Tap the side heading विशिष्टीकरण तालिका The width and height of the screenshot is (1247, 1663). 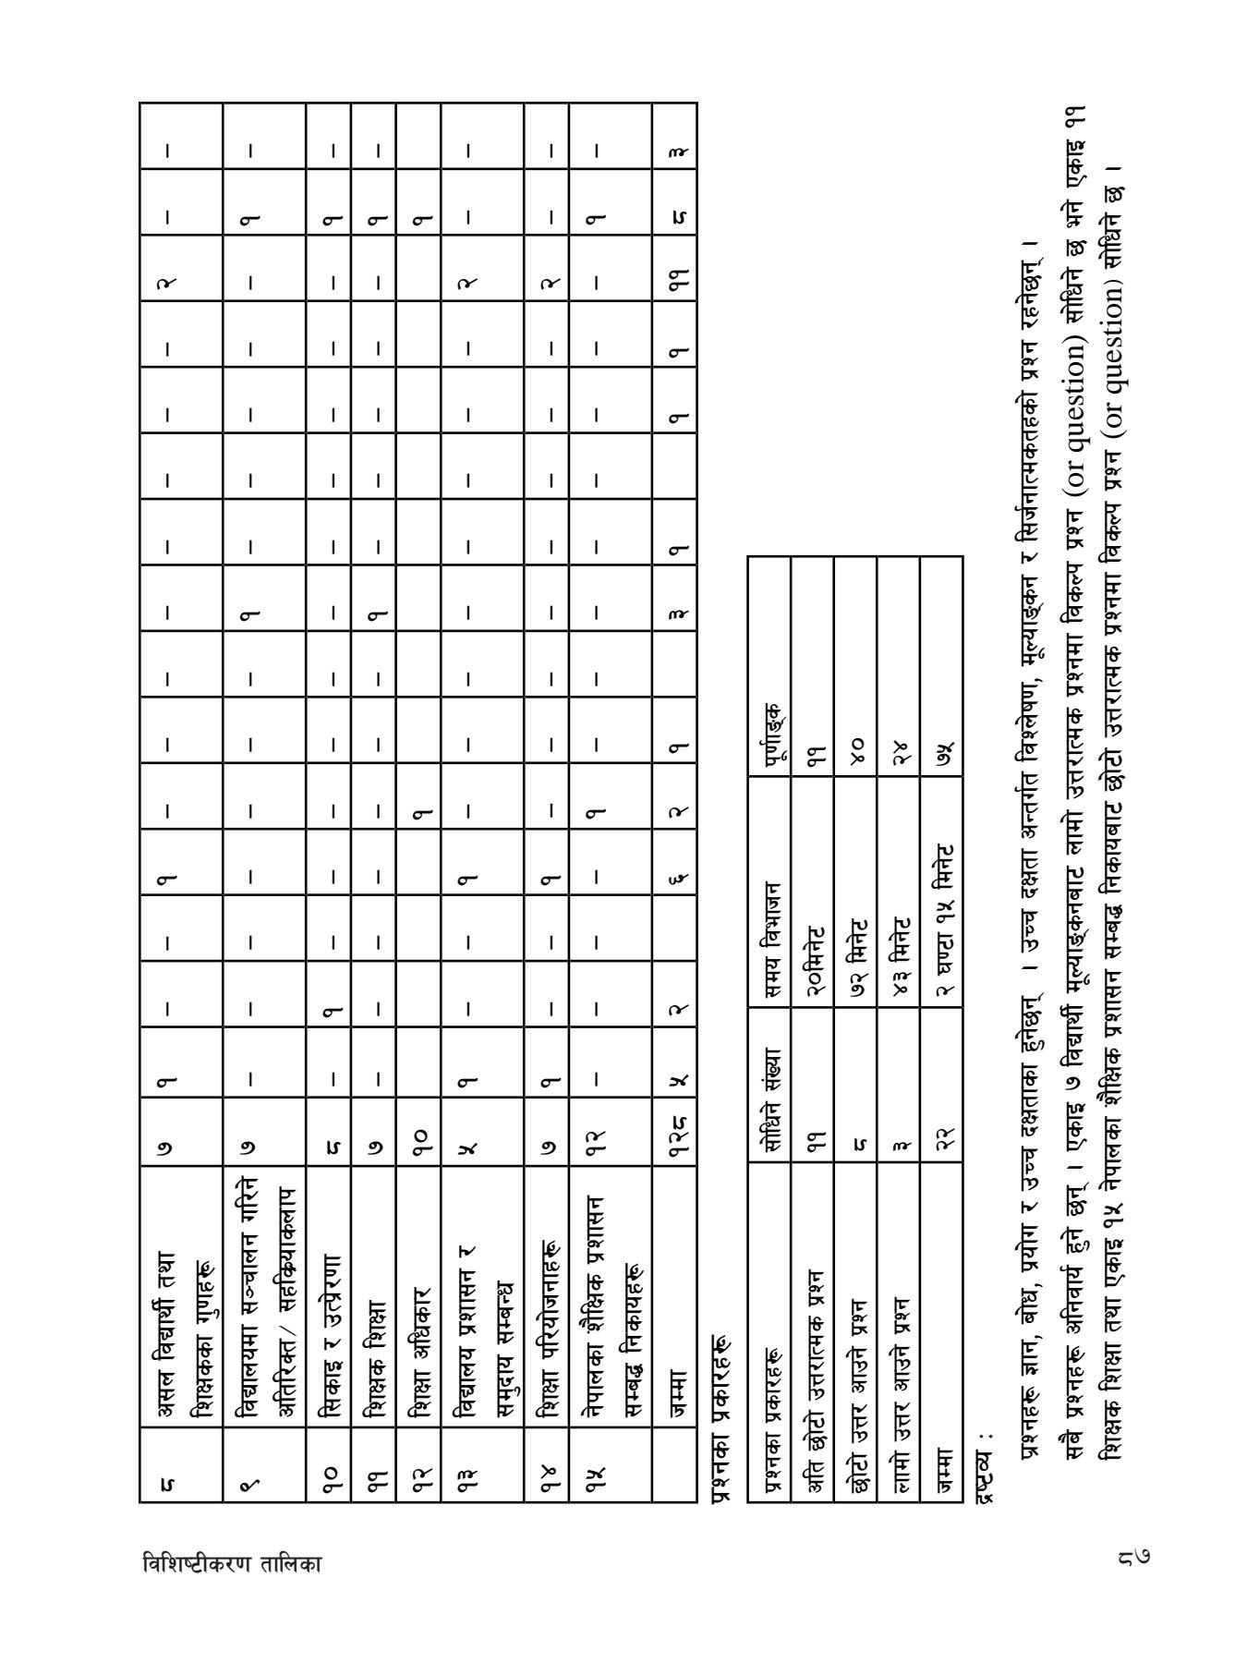click(x=234, y=1562)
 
